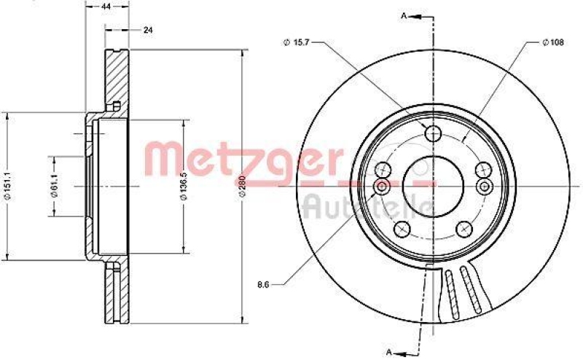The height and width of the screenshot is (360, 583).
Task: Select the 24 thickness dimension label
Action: pos(149,30)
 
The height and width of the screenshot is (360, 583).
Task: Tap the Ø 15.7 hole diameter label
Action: pos(295,43)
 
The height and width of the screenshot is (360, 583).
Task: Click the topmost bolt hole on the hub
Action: pos(434,133)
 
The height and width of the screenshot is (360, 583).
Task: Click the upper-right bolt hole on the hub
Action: pos(484,170)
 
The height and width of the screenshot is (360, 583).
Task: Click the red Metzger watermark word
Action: pos(240,157)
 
